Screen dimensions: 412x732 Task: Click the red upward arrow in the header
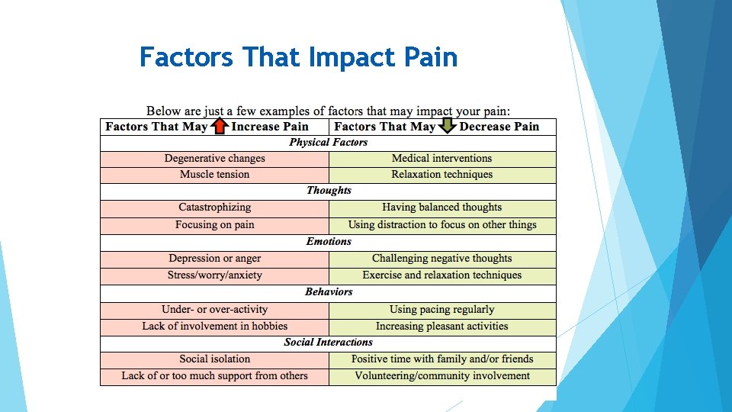pyautogui.click(x=219, y=126)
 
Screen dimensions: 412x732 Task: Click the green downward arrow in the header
pyautogui.click(x=447, y=126)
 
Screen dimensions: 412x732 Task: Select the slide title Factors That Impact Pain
pyautogui.click(x=298, y=57)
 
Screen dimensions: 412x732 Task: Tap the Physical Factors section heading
pyautogui.click(x=328, y=142)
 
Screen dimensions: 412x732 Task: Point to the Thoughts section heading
pyautogui.click(x=329, y=190)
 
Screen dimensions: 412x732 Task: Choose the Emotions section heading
pyautogui.click(x=329, y=241)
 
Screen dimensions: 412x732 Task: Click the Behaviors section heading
pyautogui.click(x=329, y=291)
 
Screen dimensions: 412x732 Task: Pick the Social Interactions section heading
pyautogui.click(x=328, y=342)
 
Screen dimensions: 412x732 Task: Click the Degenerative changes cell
pyautogui.click(x=215, y=158)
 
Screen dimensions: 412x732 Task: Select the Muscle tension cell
pyautogui.click(x=215, y=174)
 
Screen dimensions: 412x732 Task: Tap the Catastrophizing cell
pyautogui.click(x=215, y=207)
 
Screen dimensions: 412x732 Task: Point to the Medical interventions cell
pyautogui.click(x=442, y=158)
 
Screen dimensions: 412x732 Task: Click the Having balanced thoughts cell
pyautogui.click(x=442, y=207)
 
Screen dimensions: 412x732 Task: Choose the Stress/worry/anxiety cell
pyautogui.click(x=215, y=275)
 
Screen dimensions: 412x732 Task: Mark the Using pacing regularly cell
pyautogui.click(x=442, y=309)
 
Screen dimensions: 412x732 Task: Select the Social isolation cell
pyautogui.click(x=215, y=359)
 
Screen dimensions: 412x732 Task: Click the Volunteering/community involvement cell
pyautogui.click(x=442, y=375)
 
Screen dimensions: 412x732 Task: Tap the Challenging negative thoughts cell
pyautogui.click(x=442, y=258)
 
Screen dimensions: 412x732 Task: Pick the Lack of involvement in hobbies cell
pyautogui.click(x=215, y=326)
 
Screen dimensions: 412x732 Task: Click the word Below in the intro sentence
pyautogui.click(x=165, y=111)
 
